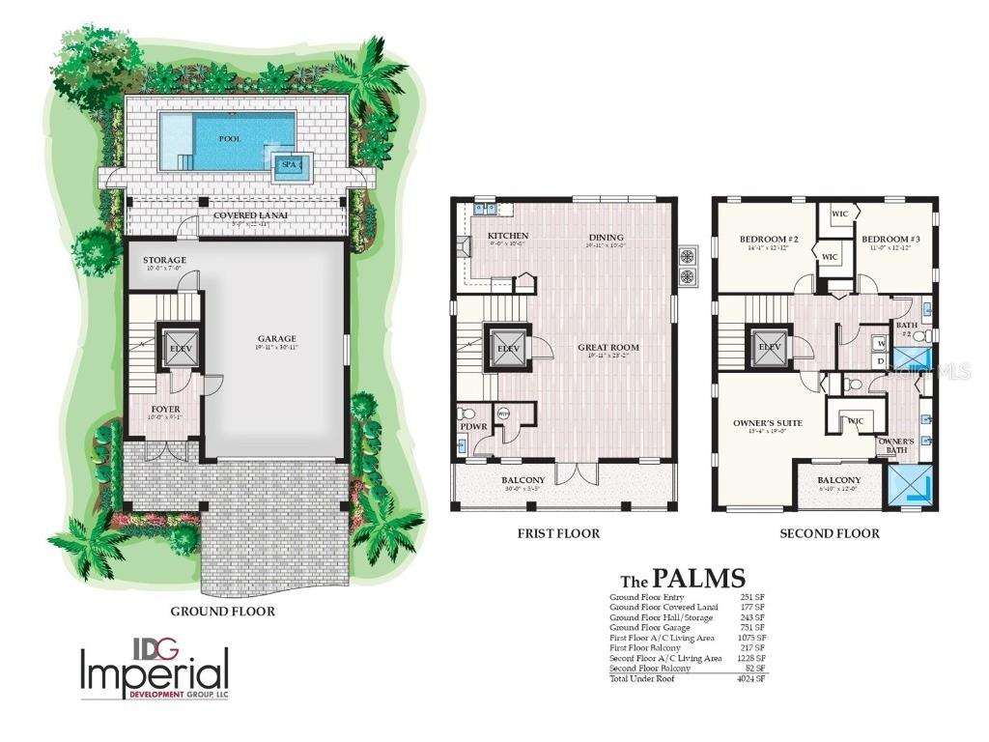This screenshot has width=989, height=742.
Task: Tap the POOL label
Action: pyautogui.click(x=230, y=138)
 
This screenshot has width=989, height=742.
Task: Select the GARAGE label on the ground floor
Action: pyautogui.click(x=276, y=338)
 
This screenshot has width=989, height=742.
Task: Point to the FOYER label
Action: pyautogui.click(x=166, y=409)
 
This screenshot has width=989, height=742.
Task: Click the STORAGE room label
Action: pyautogui.click(x=164, y=260)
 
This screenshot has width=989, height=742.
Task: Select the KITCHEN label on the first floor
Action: pyautogui.click(x=507, y=237)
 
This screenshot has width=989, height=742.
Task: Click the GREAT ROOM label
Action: pyautogui.click(x=608, y=348)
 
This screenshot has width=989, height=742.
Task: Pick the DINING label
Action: pyautogui.click(x=607, y=237)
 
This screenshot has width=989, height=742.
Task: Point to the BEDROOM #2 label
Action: pyautogui.click(x=769, y=239)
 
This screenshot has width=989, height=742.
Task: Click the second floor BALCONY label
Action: pyautogui.click(x=839, y=480)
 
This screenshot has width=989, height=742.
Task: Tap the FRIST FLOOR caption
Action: pyautogui.click(x=558, y=533)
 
